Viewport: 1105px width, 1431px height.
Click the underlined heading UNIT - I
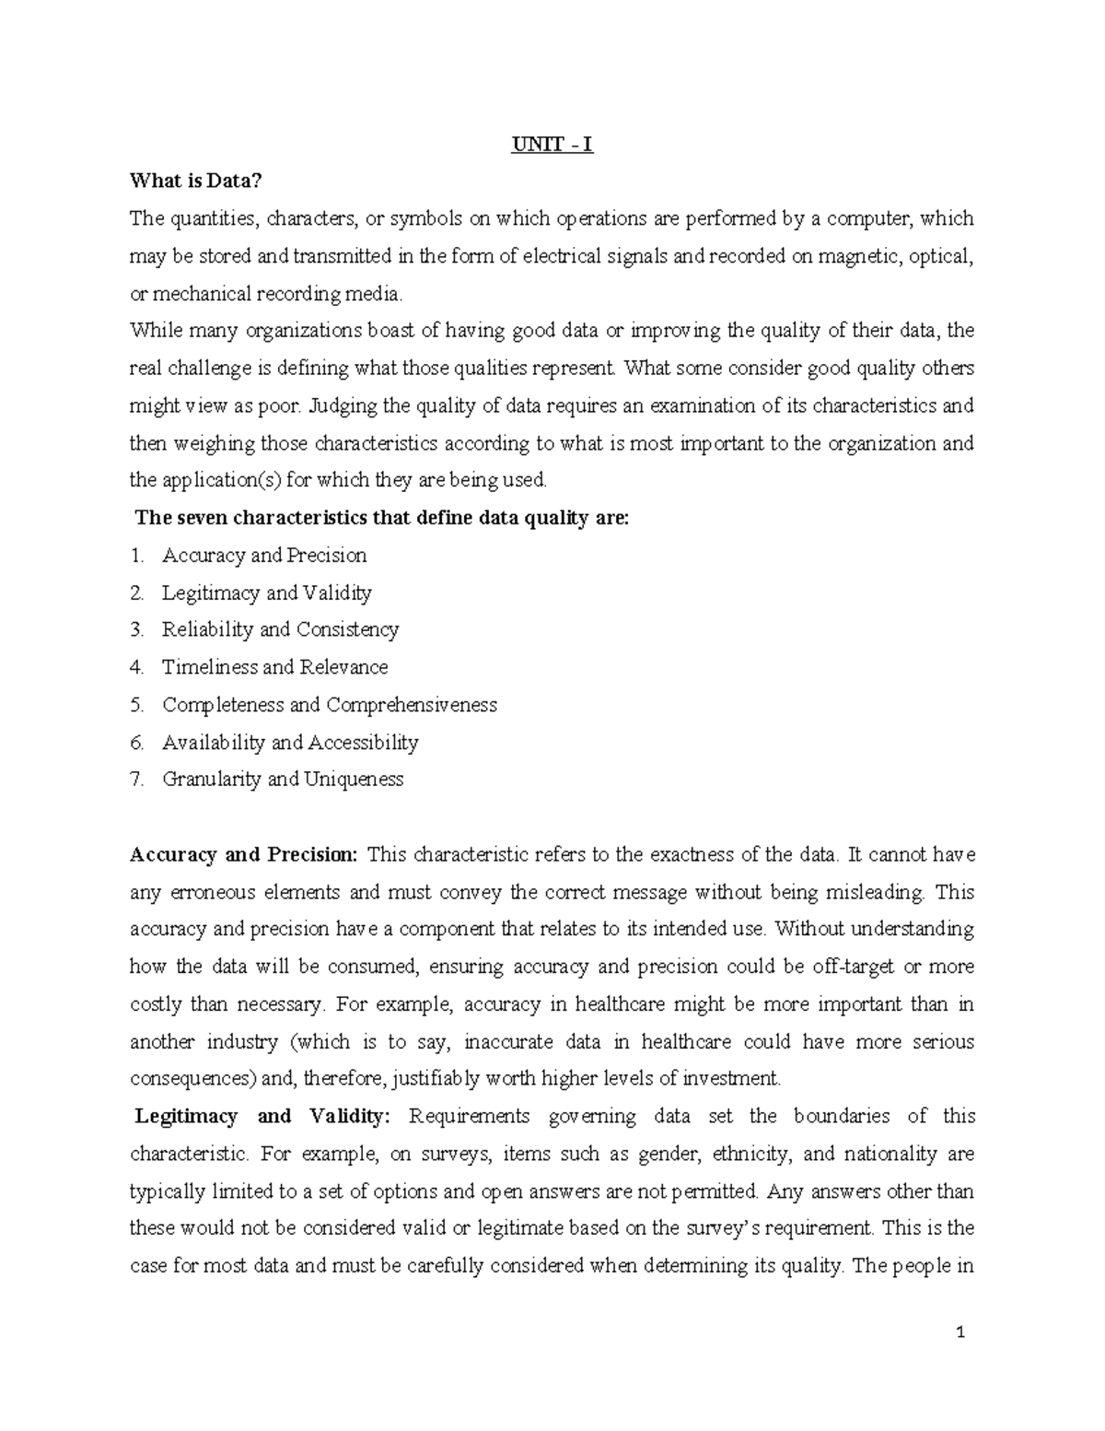coord(552,145)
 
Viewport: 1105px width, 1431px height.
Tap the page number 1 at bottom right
coord(960,1331)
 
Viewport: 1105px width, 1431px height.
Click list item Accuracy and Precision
coord(264,556)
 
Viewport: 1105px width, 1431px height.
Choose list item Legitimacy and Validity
coord(266,592)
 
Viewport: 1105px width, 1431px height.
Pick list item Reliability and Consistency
coord(280,630)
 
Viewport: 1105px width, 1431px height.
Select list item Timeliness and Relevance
coord(274,667)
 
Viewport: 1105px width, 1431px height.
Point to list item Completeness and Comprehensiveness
coord(329,705)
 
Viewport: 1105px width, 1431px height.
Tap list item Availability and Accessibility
coord(290,743)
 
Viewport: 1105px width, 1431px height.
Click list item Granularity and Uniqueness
coord(283,780)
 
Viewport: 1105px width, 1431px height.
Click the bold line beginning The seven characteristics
coord(382,518)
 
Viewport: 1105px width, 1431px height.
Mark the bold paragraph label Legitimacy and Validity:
coord(262,1117)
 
